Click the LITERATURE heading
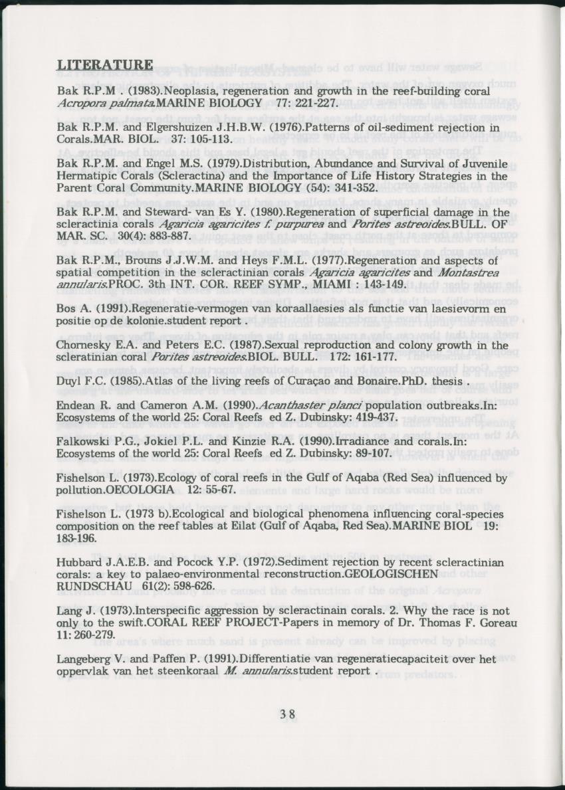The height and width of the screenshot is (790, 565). [105, 65]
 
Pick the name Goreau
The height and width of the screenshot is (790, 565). [493, 623]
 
